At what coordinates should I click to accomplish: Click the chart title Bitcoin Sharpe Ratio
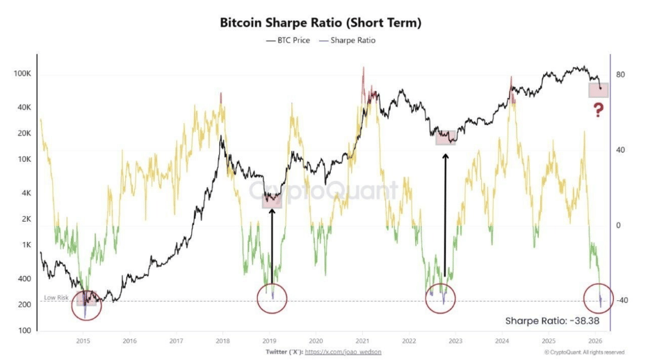(x=321, y=22)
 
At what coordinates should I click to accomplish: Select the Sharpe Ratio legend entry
(x=351, y=40)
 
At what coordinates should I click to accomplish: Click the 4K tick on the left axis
(x=26, y=193)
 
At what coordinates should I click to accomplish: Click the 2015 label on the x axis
(x=83, y=341)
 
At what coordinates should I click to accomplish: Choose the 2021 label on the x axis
(x=362, y=341)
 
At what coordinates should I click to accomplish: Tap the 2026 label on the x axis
(x=595, y=341)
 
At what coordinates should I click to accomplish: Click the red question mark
(x=598, y=110)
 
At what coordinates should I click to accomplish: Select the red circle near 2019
(x=272, y=299)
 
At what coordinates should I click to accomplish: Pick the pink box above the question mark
(x=599, y=90)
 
